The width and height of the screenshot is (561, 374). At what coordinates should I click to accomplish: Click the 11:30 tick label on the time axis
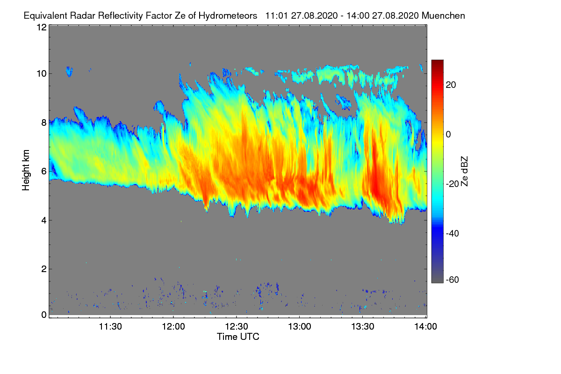(x=110, y=327)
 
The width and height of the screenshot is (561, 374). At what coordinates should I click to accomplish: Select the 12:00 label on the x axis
(x=173, y=327)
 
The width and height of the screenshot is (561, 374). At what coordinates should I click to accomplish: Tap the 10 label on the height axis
(x=41, y=73)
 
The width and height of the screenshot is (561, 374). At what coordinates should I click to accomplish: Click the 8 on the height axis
(x=43, y=122)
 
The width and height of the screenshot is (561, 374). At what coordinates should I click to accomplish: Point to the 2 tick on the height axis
(x=43, y=269)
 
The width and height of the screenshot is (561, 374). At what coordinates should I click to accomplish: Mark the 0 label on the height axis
(x=43, y=315)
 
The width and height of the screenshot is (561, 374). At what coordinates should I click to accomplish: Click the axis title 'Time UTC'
(x=238, y=337)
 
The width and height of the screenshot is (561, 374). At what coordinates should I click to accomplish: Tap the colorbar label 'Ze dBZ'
(x=464, y=171)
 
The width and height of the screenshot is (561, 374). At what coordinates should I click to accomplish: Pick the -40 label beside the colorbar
(x=454, y=233)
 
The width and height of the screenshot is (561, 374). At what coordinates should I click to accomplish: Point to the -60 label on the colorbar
(x=454, y=280)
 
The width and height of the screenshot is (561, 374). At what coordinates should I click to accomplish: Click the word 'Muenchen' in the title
(x=443, y=15)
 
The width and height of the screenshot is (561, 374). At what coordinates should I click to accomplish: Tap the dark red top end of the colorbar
(x=437, y=63)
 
